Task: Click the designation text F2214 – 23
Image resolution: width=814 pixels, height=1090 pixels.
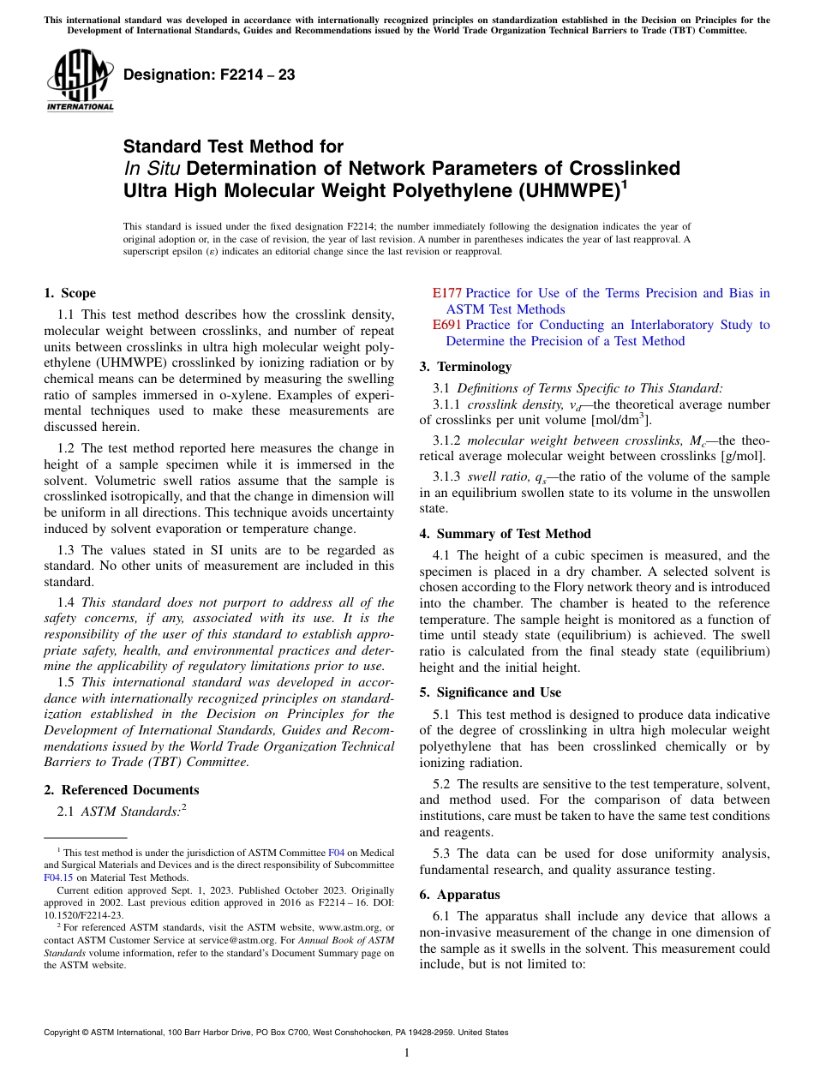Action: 209,75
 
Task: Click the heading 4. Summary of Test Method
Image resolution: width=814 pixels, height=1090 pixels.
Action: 505,534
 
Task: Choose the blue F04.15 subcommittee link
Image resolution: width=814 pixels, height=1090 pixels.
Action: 57,877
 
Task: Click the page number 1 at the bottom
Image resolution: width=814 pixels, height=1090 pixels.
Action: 407,1052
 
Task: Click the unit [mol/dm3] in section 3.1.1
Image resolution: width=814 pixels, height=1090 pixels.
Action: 621,420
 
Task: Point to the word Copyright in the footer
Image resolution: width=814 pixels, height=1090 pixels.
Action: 63,1033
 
